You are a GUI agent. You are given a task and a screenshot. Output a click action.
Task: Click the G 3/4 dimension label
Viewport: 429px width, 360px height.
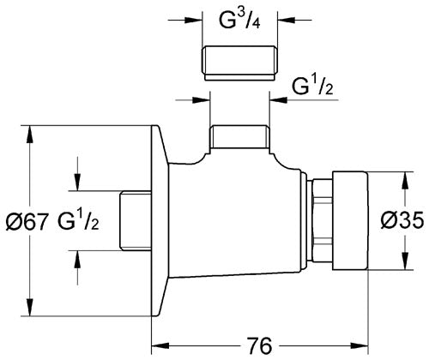click(x=239, y=20)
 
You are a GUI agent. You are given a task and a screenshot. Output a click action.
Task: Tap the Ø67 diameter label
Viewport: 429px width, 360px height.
click(x=27, y=222)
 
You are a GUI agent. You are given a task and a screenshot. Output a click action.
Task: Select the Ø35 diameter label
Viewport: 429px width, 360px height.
click(x=402, y=220)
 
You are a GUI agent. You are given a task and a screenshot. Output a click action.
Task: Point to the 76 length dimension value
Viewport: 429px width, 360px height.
click(x=259, y=346)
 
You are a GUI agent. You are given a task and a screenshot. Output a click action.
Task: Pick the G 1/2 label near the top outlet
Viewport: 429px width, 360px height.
click(x=312, y=86)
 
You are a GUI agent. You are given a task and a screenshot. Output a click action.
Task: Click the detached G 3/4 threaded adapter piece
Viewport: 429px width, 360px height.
click(x=239, y=63)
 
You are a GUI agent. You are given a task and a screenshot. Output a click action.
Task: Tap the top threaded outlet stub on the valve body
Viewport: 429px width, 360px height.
click(x=239, y=137)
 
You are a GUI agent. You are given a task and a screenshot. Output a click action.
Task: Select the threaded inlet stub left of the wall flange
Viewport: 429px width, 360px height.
click(x=136, y=221)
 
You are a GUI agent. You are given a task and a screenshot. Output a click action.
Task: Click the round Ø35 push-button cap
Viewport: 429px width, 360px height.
click(x=350, y=220)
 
